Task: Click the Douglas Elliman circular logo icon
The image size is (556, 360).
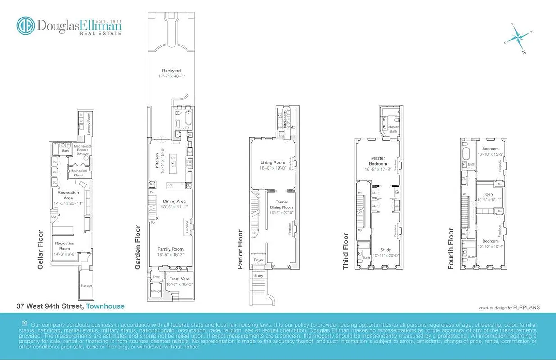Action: coord(26,26)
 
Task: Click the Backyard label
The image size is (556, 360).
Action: coord(171,71)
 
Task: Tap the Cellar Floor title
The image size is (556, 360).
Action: coord(40,250)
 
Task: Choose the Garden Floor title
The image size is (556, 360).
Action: coord(138,247)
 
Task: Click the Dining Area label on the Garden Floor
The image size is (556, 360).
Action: coord(174,201)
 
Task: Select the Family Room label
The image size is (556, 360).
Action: coord(170,249)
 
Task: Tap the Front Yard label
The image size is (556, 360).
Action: coord(179,279)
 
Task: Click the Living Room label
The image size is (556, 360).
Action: coord(273,162)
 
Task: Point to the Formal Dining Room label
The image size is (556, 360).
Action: coord(281,205)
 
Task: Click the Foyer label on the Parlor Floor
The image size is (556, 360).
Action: coord(258,260)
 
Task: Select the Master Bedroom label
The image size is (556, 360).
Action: coord(378,161)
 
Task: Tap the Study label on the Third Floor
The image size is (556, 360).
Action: coord(386,250)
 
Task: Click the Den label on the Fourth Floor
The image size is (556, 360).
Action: coord(489,194)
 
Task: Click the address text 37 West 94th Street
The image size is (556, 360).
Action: coord(49,306)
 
